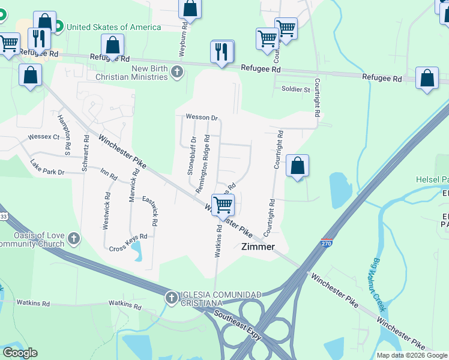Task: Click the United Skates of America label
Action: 113,27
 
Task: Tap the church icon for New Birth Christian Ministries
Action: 176,73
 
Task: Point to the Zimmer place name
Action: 258,247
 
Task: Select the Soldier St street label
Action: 295,89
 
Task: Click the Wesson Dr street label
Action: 202,118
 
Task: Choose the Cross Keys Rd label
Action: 128,242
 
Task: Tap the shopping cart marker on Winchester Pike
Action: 223,205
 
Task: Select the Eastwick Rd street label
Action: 154,214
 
